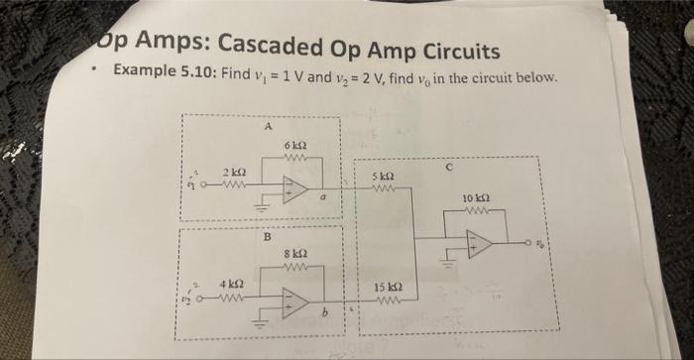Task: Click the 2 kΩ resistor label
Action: click(234, 171)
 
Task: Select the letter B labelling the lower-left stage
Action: click(266, 236)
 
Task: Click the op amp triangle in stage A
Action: click(294, 188)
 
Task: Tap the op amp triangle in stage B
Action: click(294, 301)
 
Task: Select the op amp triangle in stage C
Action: click(479, 244)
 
